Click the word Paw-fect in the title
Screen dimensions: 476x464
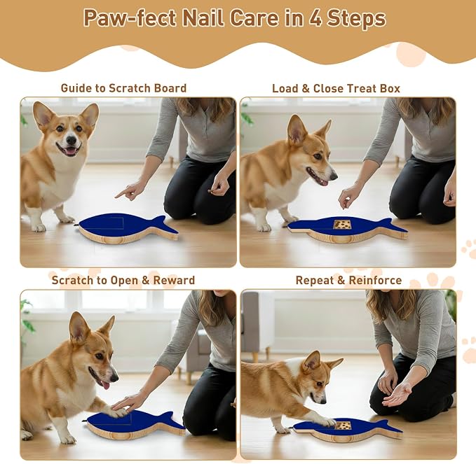[130, 18]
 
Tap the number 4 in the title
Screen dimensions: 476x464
[316, 18]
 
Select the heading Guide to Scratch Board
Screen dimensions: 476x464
[123, 88]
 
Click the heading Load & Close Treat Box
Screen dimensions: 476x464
[336, 88]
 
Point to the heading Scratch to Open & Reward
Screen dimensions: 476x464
[123, 280]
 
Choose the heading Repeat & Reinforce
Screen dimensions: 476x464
[348, 280]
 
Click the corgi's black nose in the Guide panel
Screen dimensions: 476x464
[72, 140]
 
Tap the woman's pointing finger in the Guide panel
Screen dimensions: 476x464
[121, 192]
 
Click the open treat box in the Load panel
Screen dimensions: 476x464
[342, 225]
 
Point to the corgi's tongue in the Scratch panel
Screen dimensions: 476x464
[105, 385]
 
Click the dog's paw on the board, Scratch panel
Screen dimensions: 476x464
[116, 412]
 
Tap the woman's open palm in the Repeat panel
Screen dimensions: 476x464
[397, 395]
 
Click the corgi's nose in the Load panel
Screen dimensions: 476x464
[334, 176]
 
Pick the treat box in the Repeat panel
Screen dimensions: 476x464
[343, 425]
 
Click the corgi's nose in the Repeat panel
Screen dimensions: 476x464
[323, 401]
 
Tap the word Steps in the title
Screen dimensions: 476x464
[356, 18]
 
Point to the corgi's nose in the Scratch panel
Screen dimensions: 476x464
[114, 378]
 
